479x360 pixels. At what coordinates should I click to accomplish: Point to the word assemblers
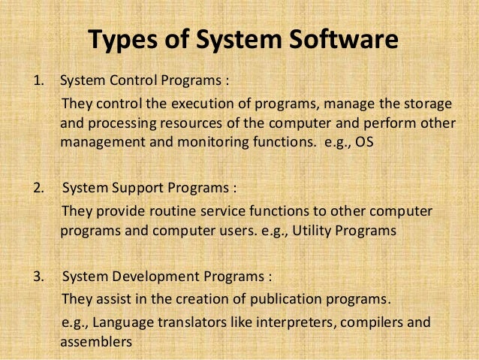click(96, 340)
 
